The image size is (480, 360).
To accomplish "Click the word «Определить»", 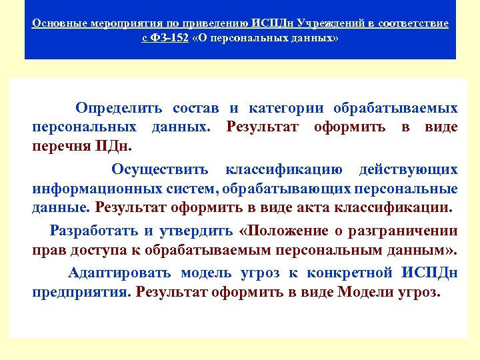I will tap(119, 108).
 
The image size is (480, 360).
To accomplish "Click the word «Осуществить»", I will tap(160, 169).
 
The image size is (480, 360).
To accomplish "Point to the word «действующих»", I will tap(409, 169).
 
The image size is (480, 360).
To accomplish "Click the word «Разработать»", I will tap(93, 231).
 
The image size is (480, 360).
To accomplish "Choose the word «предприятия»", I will tap(81, 292).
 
